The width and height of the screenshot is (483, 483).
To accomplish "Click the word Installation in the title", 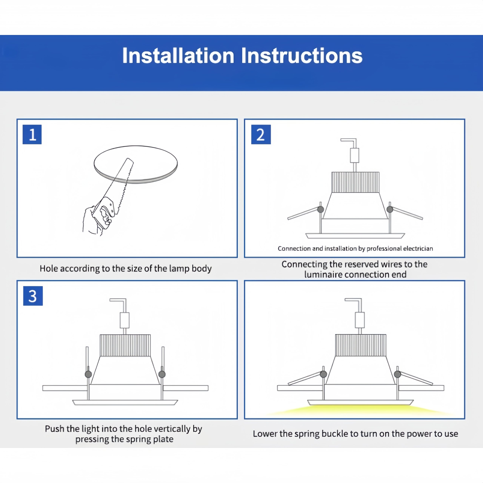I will [178, 55].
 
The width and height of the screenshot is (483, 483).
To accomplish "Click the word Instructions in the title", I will [302, 55].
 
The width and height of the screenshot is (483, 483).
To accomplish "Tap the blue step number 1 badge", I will [32, 135].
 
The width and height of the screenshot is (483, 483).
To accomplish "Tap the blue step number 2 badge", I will [261, 135].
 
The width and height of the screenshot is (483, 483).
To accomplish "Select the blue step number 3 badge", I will [33, 296].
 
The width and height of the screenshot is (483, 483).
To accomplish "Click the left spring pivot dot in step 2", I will [321, 209].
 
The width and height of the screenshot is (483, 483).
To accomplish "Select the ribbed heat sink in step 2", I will [355, 182].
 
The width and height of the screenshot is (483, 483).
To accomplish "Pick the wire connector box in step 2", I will [355, 155].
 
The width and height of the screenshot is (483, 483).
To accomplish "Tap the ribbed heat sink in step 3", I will [125, 345].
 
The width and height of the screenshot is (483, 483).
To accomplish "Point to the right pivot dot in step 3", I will [162, 374].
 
